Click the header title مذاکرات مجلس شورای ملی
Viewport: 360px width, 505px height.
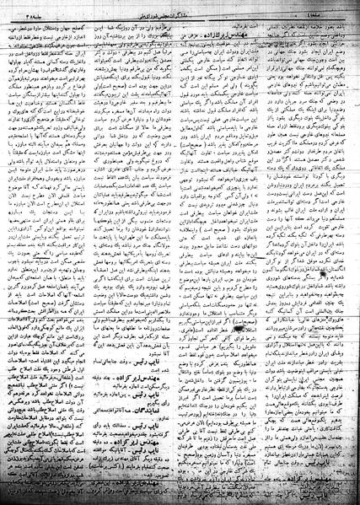180,9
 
